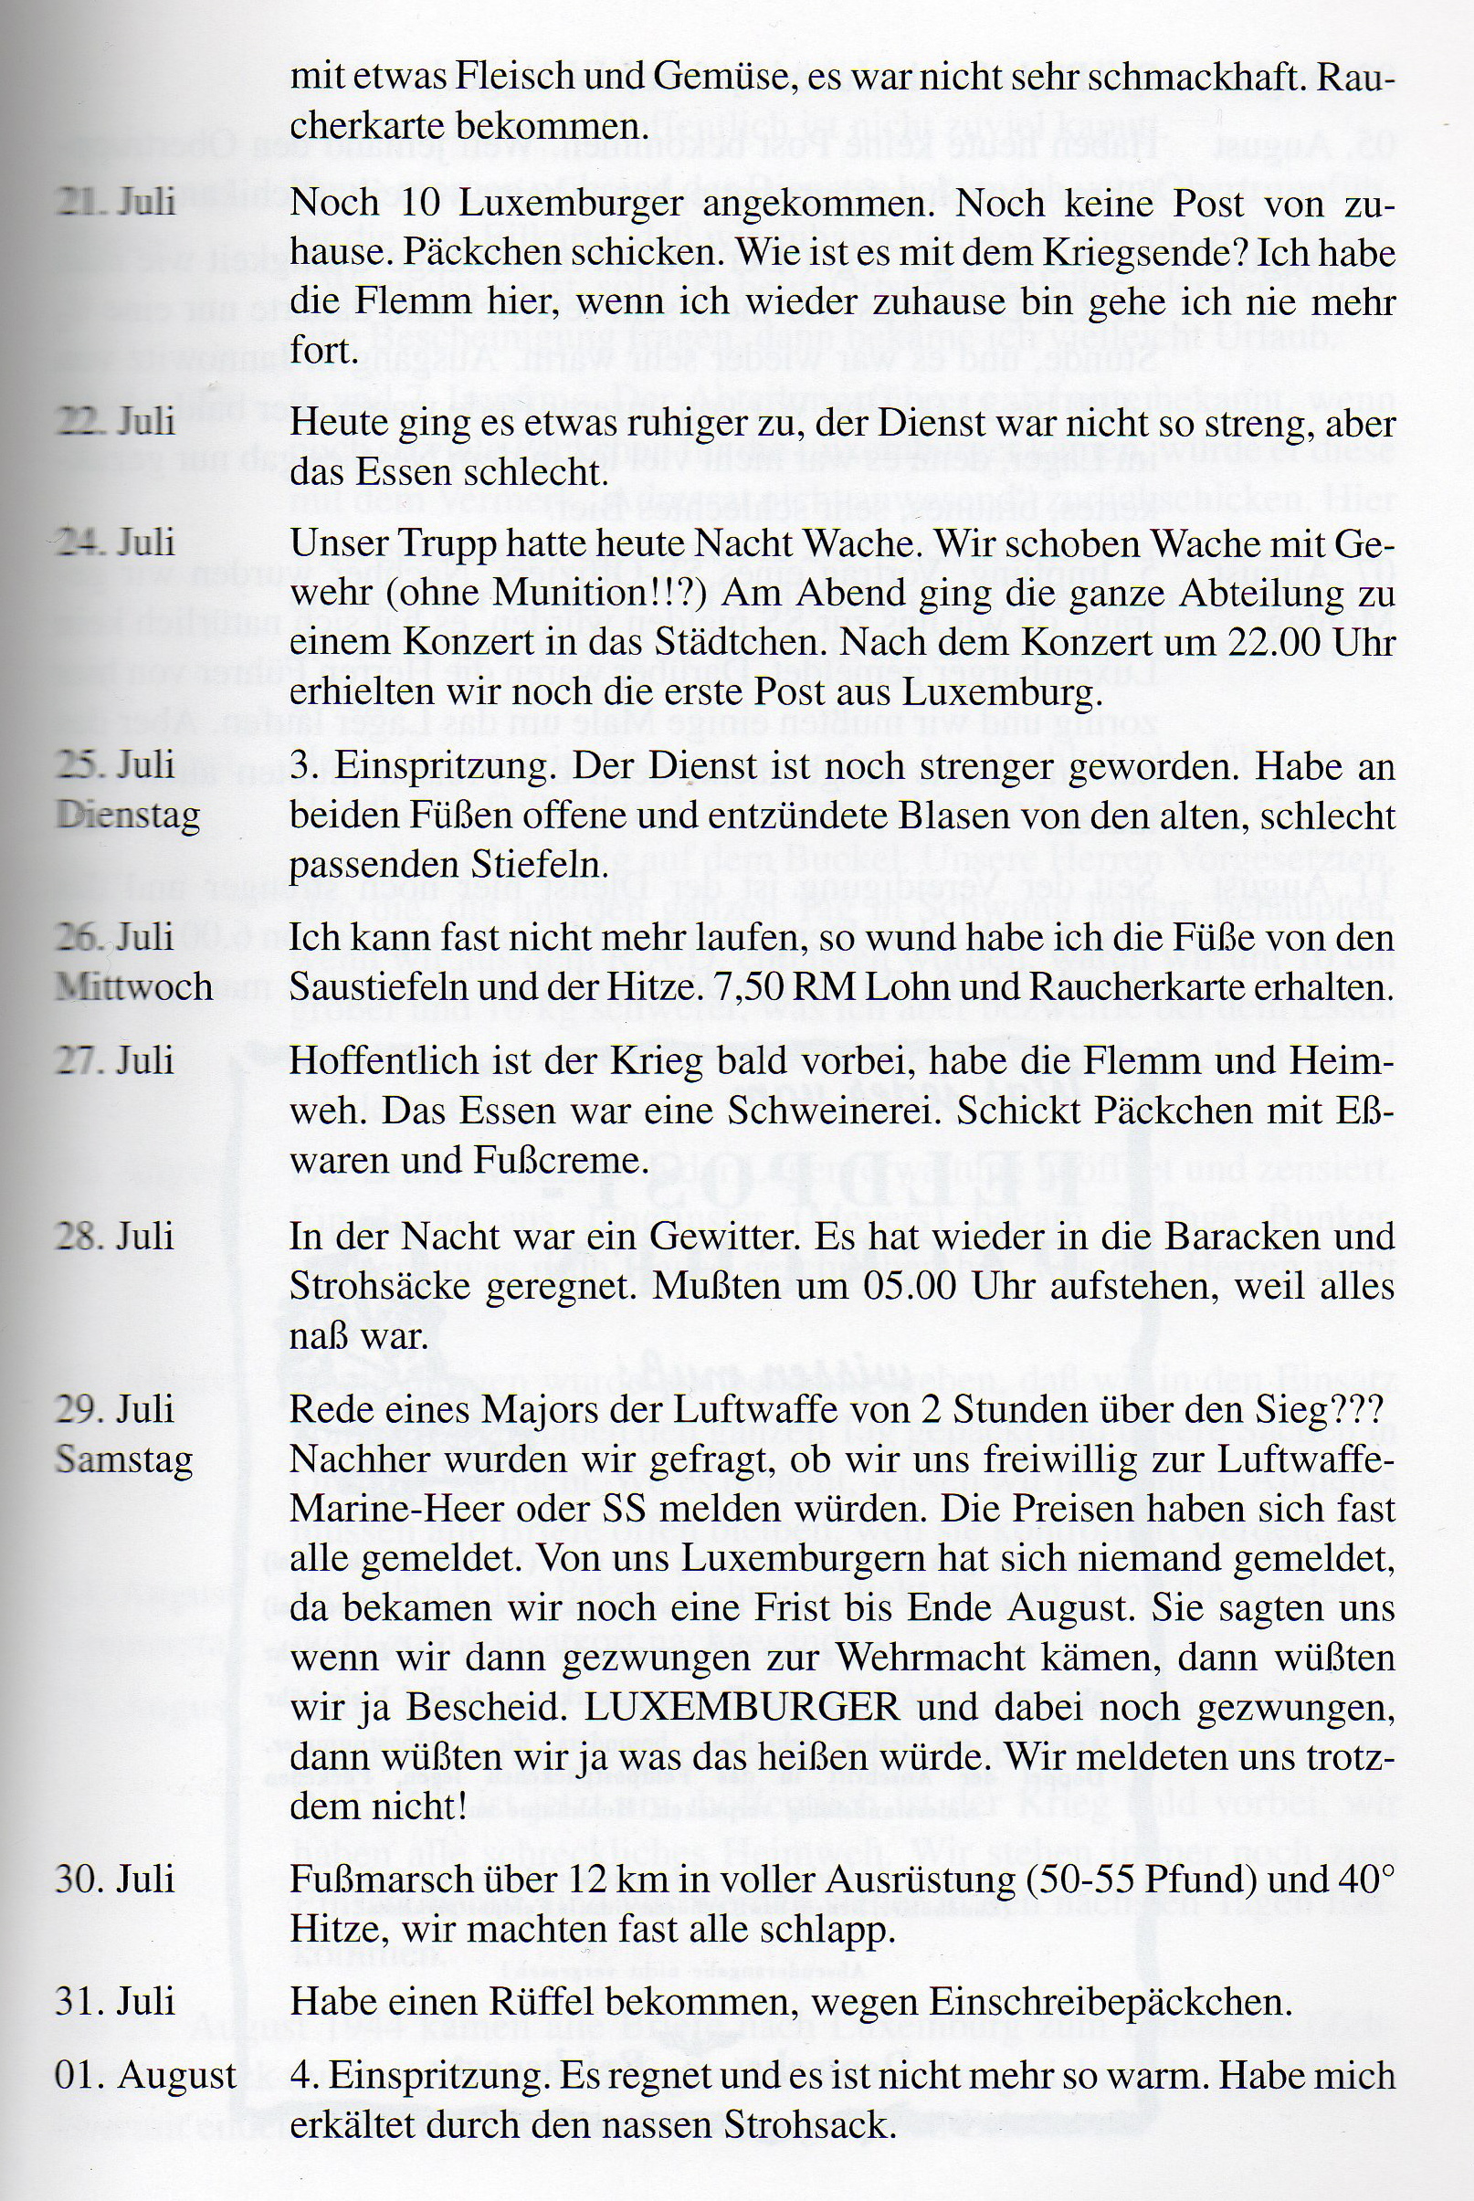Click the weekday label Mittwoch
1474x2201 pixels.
[133, 986]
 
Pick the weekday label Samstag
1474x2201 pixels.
[124, 1459]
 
